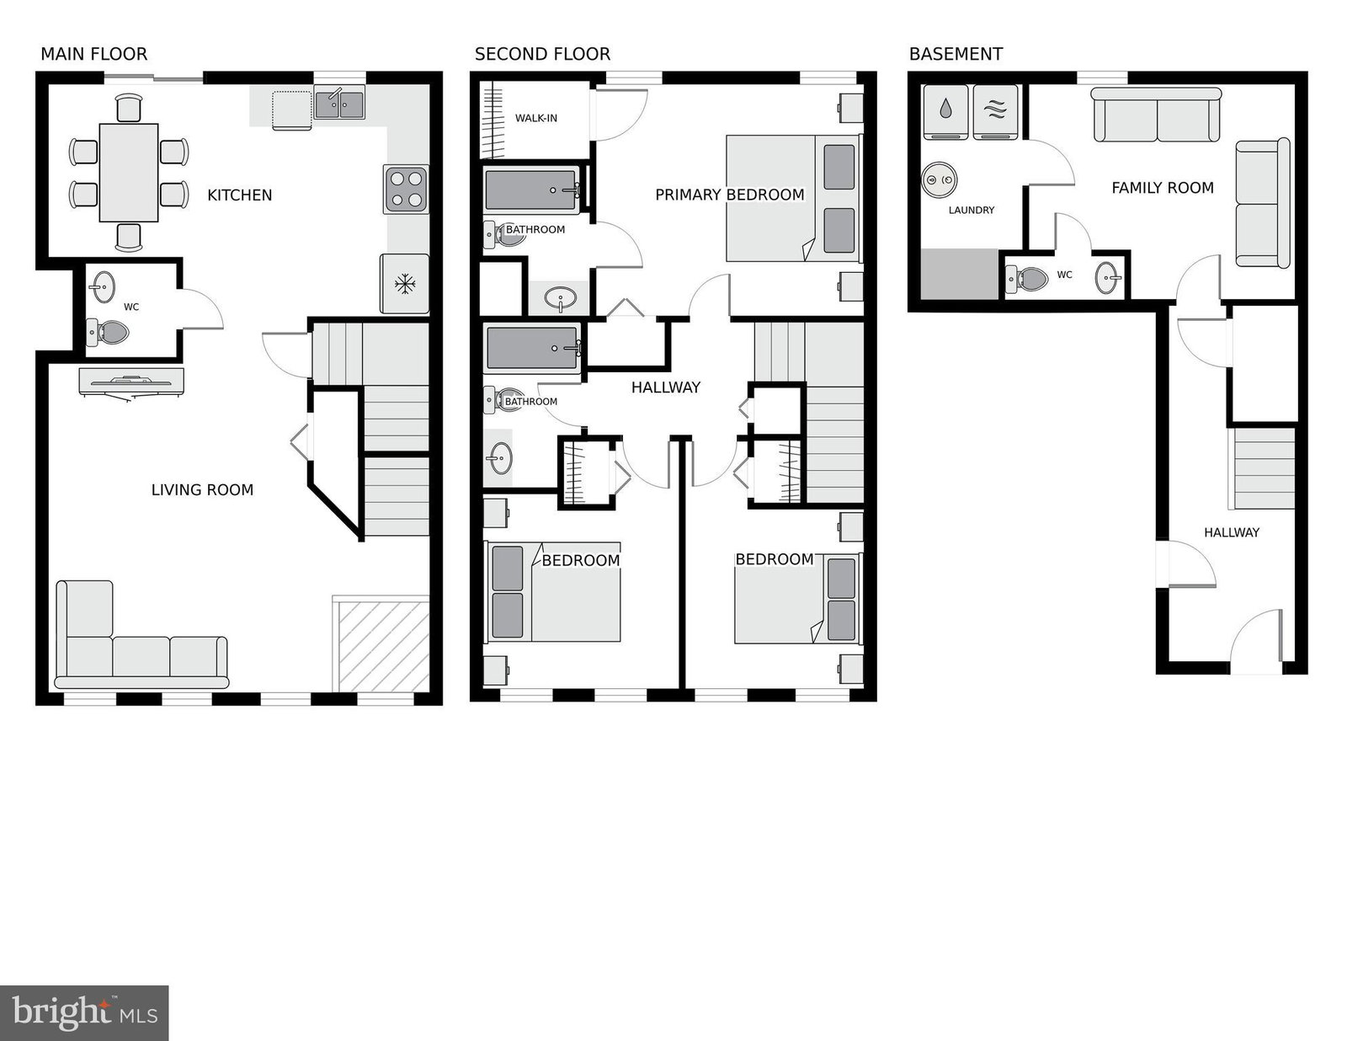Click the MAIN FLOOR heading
[94, 54]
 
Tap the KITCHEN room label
[239, 195]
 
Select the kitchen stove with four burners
[406, 190]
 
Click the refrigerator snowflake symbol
[405, 284]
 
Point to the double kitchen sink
[339, 103]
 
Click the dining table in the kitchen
[129, 173]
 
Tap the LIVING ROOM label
[202, 490]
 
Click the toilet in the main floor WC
[107, 333]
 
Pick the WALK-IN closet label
[536, 118]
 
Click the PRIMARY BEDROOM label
[730, 195]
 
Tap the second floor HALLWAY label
[666, 387]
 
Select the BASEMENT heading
[956, 54]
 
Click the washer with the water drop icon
[945, 112]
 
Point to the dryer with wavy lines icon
[995, 112]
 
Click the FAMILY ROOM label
[1163, 188]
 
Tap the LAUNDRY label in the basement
[972, 211]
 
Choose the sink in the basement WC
[1108, 277]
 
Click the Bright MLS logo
[84, 1013]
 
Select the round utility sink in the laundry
[940, 179]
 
